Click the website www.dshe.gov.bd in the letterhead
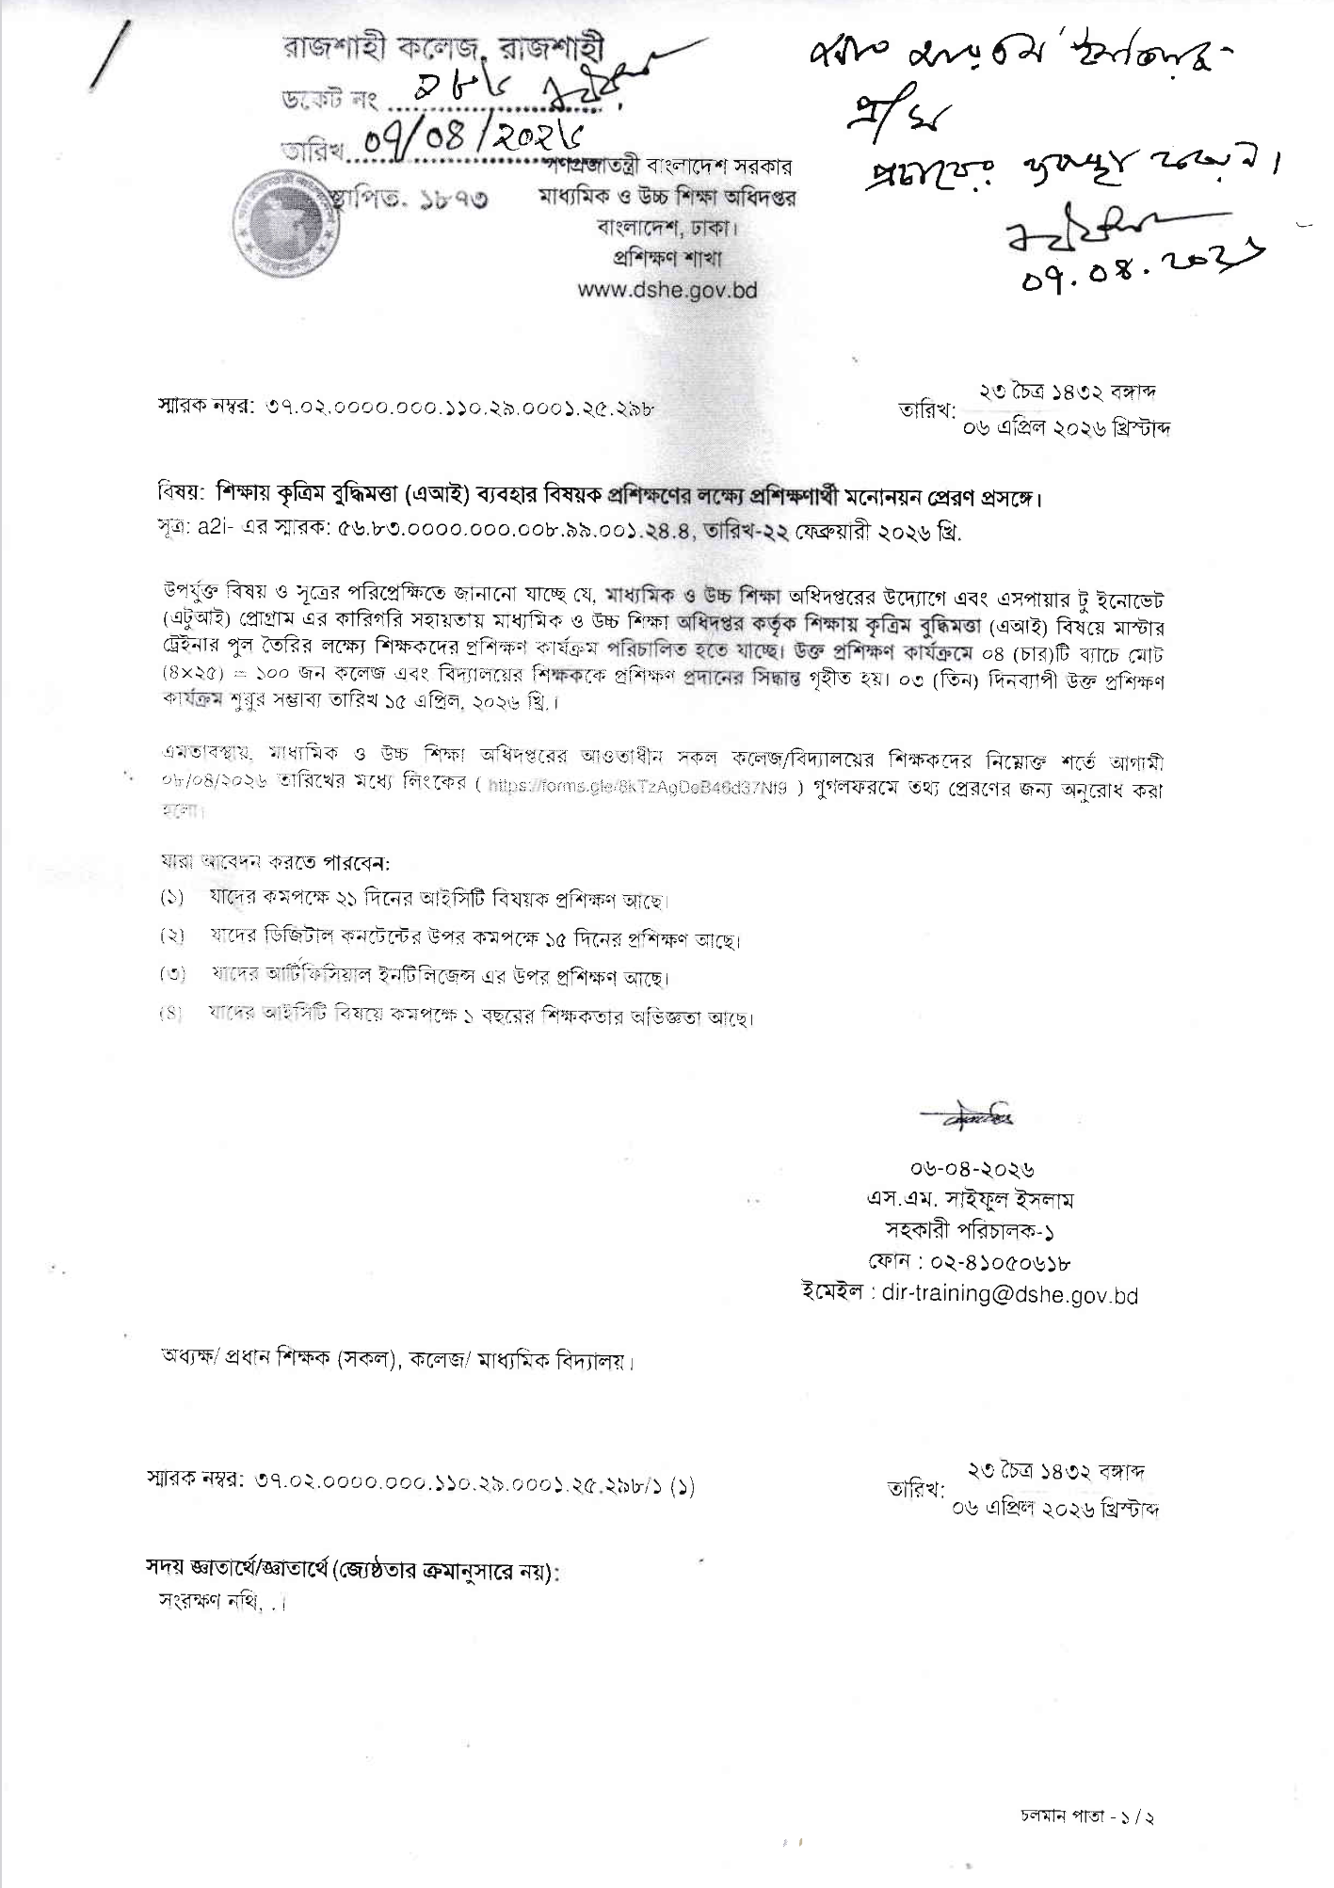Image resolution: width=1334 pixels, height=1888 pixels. point(667,289)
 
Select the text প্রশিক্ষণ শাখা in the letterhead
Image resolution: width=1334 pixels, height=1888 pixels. point(667,257)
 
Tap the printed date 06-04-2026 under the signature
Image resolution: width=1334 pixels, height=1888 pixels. point(972,1170)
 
